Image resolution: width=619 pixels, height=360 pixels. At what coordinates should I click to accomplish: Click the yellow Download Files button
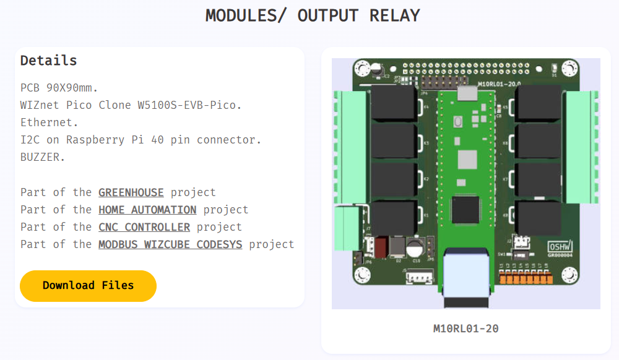[x=88, y=286]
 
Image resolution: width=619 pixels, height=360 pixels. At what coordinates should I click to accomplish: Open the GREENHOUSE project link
[x=131, y=192]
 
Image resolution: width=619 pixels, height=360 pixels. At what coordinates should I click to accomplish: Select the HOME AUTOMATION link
[x=147, y=210]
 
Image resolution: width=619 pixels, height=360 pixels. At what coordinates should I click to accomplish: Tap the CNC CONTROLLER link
[x=144, y=227]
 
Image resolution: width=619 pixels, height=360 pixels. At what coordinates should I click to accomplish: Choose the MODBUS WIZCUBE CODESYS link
[x=170, y=244]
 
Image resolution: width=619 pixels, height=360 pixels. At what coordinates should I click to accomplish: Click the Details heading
[x=49, y=61]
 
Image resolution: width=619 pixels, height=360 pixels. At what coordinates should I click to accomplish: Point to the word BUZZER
[x=43, y=157]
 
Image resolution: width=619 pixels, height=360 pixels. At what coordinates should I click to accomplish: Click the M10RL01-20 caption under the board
[x=466, y=328]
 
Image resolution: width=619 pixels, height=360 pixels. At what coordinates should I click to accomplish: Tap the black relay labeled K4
[x=392, y=103]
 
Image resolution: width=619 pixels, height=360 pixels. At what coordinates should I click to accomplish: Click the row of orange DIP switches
[x=526, y=277]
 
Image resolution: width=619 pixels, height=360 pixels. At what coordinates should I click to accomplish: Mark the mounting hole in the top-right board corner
[x=569, y=68]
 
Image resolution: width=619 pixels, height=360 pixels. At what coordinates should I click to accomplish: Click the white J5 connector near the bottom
[x=418, y=278]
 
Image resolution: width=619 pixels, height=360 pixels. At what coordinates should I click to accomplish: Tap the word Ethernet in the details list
[x=50, y=122]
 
